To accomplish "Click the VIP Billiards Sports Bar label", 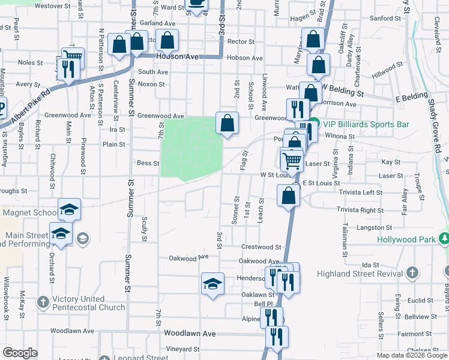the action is [x=366, y=124].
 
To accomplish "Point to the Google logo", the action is [x=20, y=353].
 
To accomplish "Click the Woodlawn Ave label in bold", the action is [x=189, y=334].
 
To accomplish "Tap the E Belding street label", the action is [x=411, y=97].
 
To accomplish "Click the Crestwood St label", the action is [x=261, y=247].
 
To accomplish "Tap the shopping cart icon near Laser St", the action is [x=292, y=160].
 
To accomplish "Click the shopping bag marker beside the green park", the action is [x=227, y=124].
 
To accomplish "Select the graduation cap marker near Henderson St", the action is [x=212, y=283].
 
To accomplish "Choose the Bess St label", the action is [x=148, y=163].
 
